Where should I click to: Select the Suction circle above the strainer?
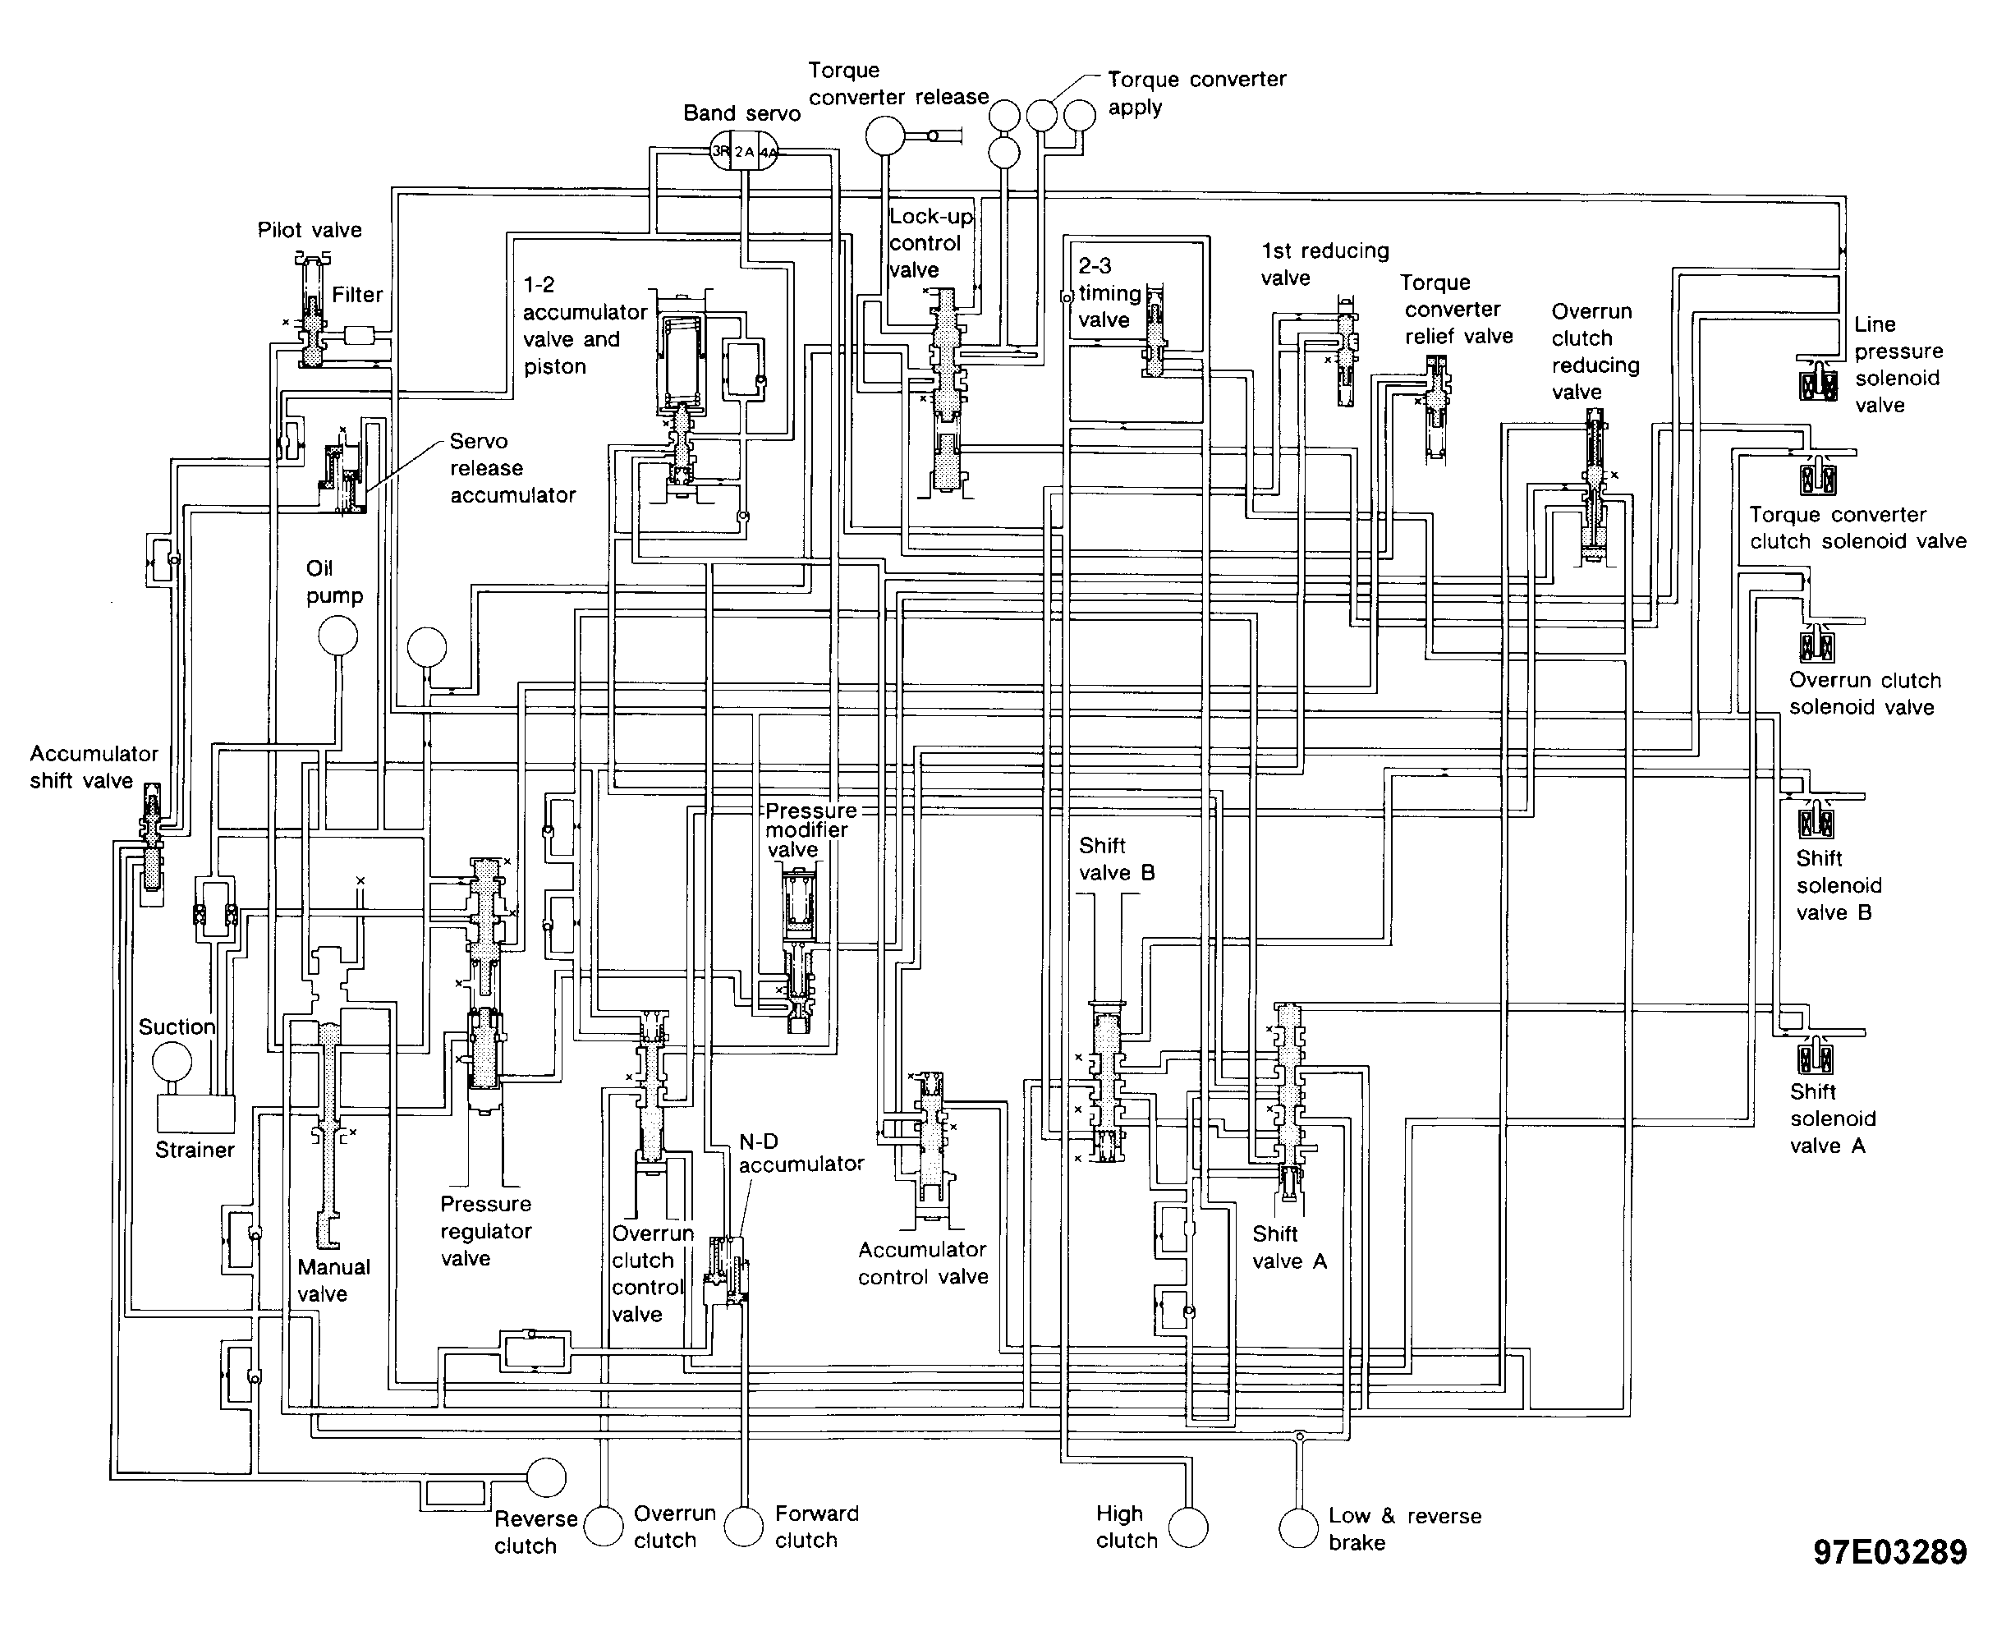(x=172, y=1062)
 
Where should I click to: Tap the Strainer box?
(x=195, y=1114)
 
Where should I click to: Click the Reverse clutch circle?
(x=546, y=1478)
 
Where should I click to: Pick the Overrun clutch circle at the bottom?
(x=604, y=1527)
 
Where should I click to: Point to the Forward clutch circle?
(x=745, y=1527)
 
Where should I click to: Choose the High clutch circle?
(x=1189, y=1527)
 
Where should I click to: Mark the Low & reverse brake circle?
(x=1298, y=1528)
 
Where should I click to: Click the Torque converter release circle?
(x=885, y=135)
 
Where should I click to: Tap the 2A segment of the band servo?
(x=744, y=152)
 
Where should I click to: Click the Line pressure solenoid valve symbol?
(x=1817, y=379)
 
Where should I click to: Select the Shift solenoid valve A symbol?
(x=1816, y=1054)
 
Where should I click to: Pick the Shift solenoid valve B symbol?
(x=1816, y=818)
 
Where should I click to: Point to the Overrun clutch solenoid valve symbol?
(x=1816, y=642)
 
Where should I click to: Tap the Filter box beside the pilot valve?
(x=359, y=334)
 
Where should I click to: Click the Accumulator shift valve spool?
(x=151, y=837)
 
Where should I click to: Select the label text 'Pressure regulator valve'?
(x=486, y=1231)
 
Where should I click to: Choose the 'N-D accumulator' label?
(x=801, y=1153)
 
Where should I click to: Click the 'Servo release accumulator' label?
(x=512, y=468)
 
